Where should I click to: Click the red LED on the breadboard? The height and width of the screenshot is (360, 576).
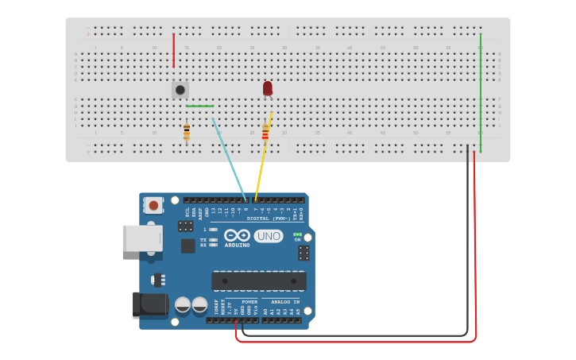point(268,87)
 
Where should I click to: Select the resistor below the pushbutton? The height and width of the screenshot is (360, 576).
point(187,132)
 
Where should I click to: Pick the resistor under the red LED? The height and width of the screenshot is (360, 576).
point(265,132)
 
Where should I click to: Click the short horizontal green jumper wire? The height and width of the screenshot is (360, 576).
point(199,106)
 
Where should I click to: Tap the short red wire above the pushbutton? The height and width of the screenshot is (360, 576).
point(173,50)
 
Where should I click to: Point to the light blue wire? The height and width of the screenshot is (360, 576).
point(229,160)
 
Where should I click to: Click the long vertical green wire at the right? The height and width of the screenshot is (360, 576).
point(481,91)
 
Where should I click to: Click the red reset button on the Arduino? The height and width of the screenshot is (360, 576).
point(153,205)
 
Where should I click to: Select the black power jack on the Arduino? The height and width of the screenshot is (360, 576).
point(150,304)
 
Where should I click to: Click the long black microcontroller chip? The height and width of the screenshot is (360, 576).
point(258,281)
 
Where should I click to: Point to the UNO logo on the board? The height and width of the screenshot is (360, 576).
point(269,235)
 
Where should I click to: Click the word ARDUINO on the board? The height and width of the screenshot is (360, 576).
point(238,245)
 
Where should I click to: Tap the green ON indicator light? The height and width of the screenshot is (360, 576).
point(297,234)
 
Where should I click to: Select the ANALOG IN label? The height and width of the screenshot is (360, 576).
point(285,302)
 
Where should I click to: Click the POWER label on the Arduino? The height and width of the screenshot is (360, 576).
point(249,302)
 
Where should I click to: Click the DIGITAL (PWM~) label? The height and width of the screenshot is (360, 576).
point(269,218)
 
